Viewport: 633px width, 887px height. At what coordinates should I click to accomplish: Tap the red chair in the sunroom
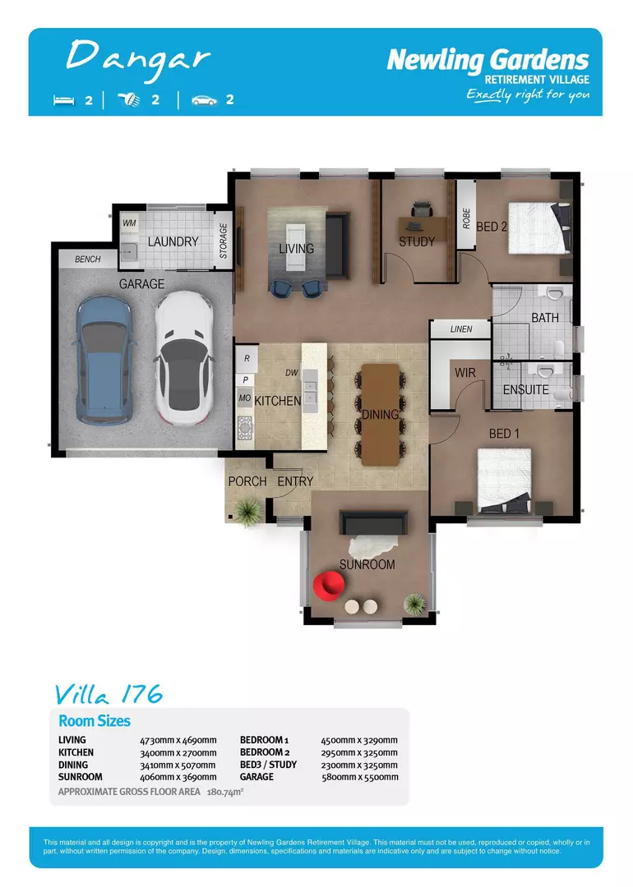(330, 586)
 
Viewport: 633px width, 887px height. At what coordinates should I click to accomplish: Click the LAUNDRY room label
(173, 242)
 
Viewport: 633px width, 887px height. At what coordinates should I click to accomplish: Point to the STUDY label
(417, 242)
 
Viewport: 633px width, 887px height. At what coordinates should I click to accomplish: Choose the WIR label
(465, 373)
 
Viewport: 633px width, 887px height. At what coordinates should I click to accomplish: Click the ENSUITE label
(526, 390)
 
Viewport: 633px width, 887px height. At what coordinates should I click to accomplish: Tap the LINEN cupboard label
(462, 329)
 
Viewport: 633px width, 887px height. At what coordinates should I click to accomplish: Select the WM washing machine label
(129, 223)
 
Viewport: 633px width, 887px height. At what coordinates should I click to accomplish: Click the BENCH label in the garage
(88, 260)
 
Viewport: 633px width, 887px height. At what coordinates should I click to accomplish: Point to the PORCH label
(247, 481)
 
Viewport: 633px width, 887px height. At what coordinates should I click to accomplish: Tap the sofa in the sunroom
(373, 523)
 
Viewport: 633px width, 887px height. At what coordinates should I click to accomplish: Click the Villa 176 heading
(108, 694)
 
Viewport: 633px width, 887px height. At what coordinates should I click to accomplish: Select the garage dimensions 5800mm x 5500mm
(359, 777)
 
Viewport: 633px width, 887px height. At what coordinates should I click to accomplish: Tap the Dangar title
(137, 57)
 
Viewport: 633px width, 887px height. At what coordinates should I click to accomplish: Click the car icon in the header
(203, 100)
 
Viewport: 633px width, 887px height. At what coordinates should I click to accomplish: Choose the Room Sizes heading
(95, 721)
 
